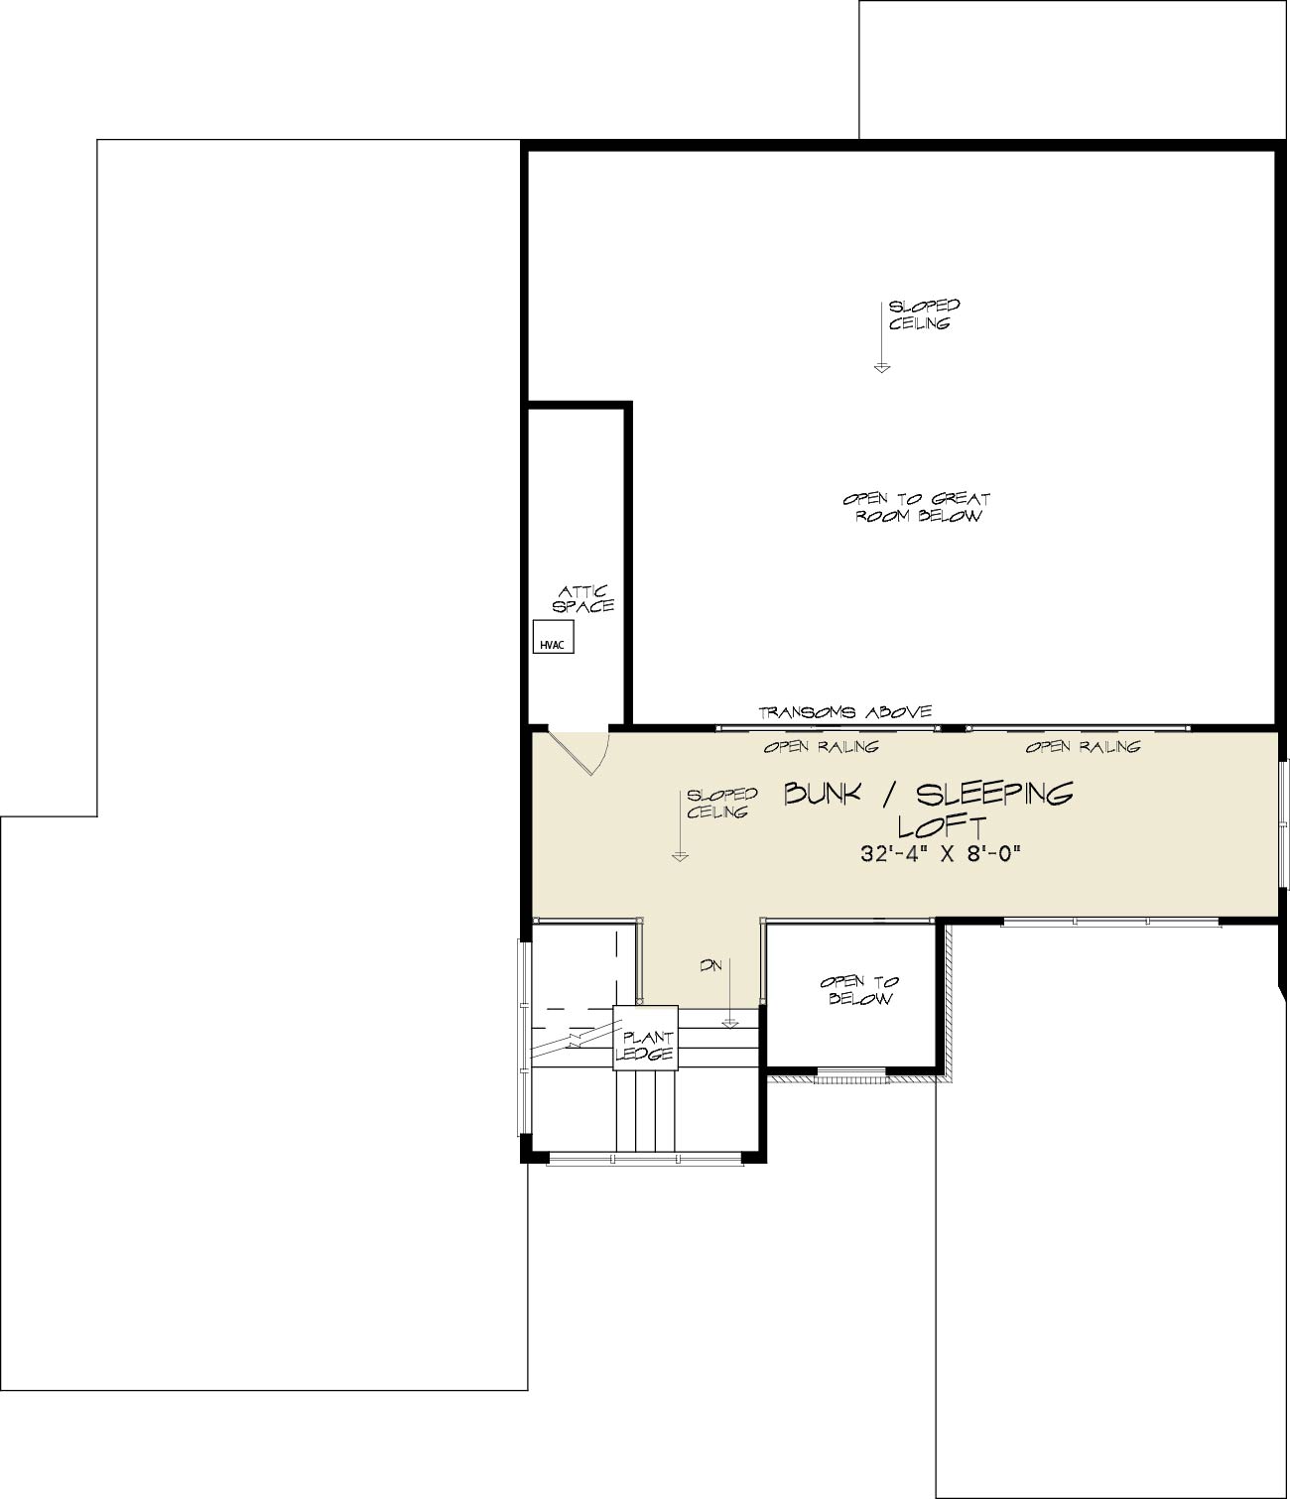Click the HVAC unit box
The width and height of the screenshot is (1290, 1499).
(554, 637)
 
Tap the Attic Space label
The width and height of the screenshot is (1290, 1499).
(583, 600)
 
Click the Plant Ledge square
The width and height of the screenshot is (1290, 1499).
(645, 1038)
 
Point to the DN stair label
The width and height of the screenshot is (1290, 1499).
(711, 966)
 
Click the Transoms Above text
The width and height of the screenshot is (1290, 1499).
(845, 712)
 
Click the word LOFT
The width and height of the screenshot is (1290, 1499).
(943, 826)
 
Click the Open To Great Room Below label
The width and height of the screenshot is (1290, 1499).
(918, 507)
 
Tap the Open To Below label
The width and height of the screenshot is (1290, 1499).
(859, 990)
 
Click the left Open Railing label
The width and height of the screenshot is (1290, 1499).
(822, 746)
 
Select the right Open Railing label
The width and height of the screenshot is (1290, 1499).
(1084, 746)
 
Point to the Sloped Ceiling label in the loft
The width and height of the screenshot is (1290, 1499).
(722, 803)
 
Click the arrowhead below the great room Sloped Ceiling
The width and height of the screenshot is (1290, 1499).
(881, 368)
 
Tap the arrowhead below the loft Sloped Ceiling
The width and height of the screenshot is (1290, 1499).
(680, 856)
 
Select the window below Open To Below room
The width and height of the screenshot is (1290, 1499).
(851, 1075)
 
